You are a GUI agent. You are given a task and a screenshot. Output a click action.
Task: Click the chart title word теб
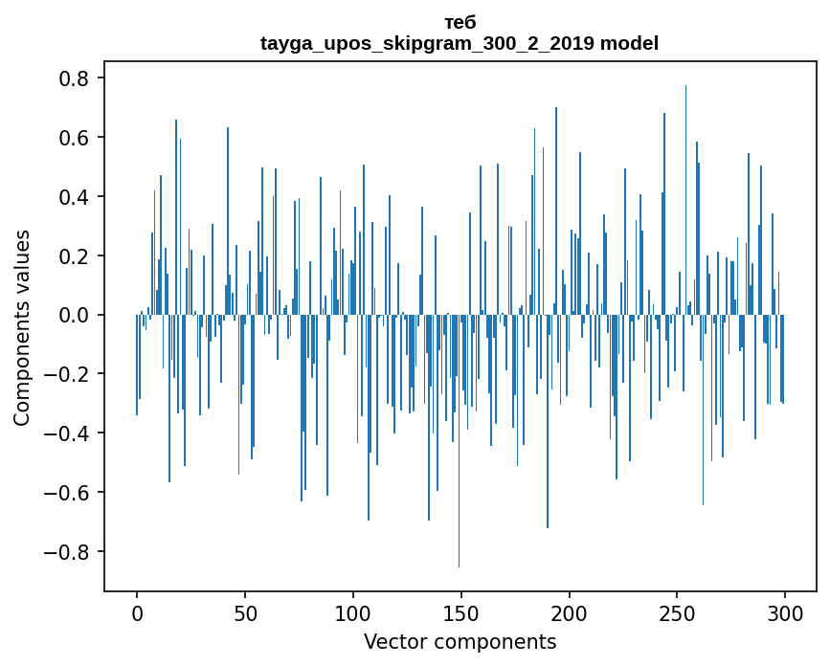pos(460,22)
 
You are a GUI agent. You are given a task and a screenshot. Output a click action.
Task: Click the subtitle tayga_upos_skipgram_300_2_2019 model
pos(460,43)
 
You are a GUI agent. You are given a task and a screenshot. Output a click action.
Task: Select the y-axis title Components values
pos(22,327)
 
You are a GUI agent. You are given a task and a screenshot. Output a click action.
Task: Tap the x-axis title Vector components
pos(460,641)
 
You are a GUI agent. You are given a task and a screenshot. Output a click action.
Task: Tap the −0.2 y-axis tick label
pos(69,374)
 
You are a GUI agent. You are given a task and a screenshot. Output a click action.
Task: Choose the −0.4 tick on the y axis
pos(69,433)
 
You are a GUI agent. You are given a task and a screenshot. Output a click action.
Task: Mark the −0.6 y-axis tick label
pos(69,493)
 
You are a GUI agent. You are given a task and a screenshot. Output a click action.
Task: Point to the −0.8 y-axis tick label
pos(69,552)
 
